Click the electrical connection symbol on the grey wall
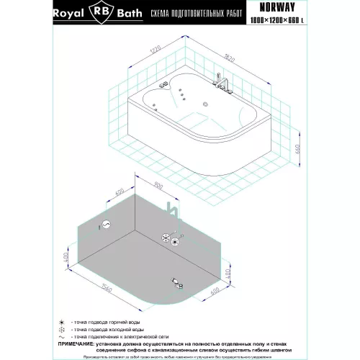tap(107, 225)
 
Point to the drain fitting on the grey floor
tap(176, 281)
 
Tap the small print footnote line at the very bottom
tap(180, 357)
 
